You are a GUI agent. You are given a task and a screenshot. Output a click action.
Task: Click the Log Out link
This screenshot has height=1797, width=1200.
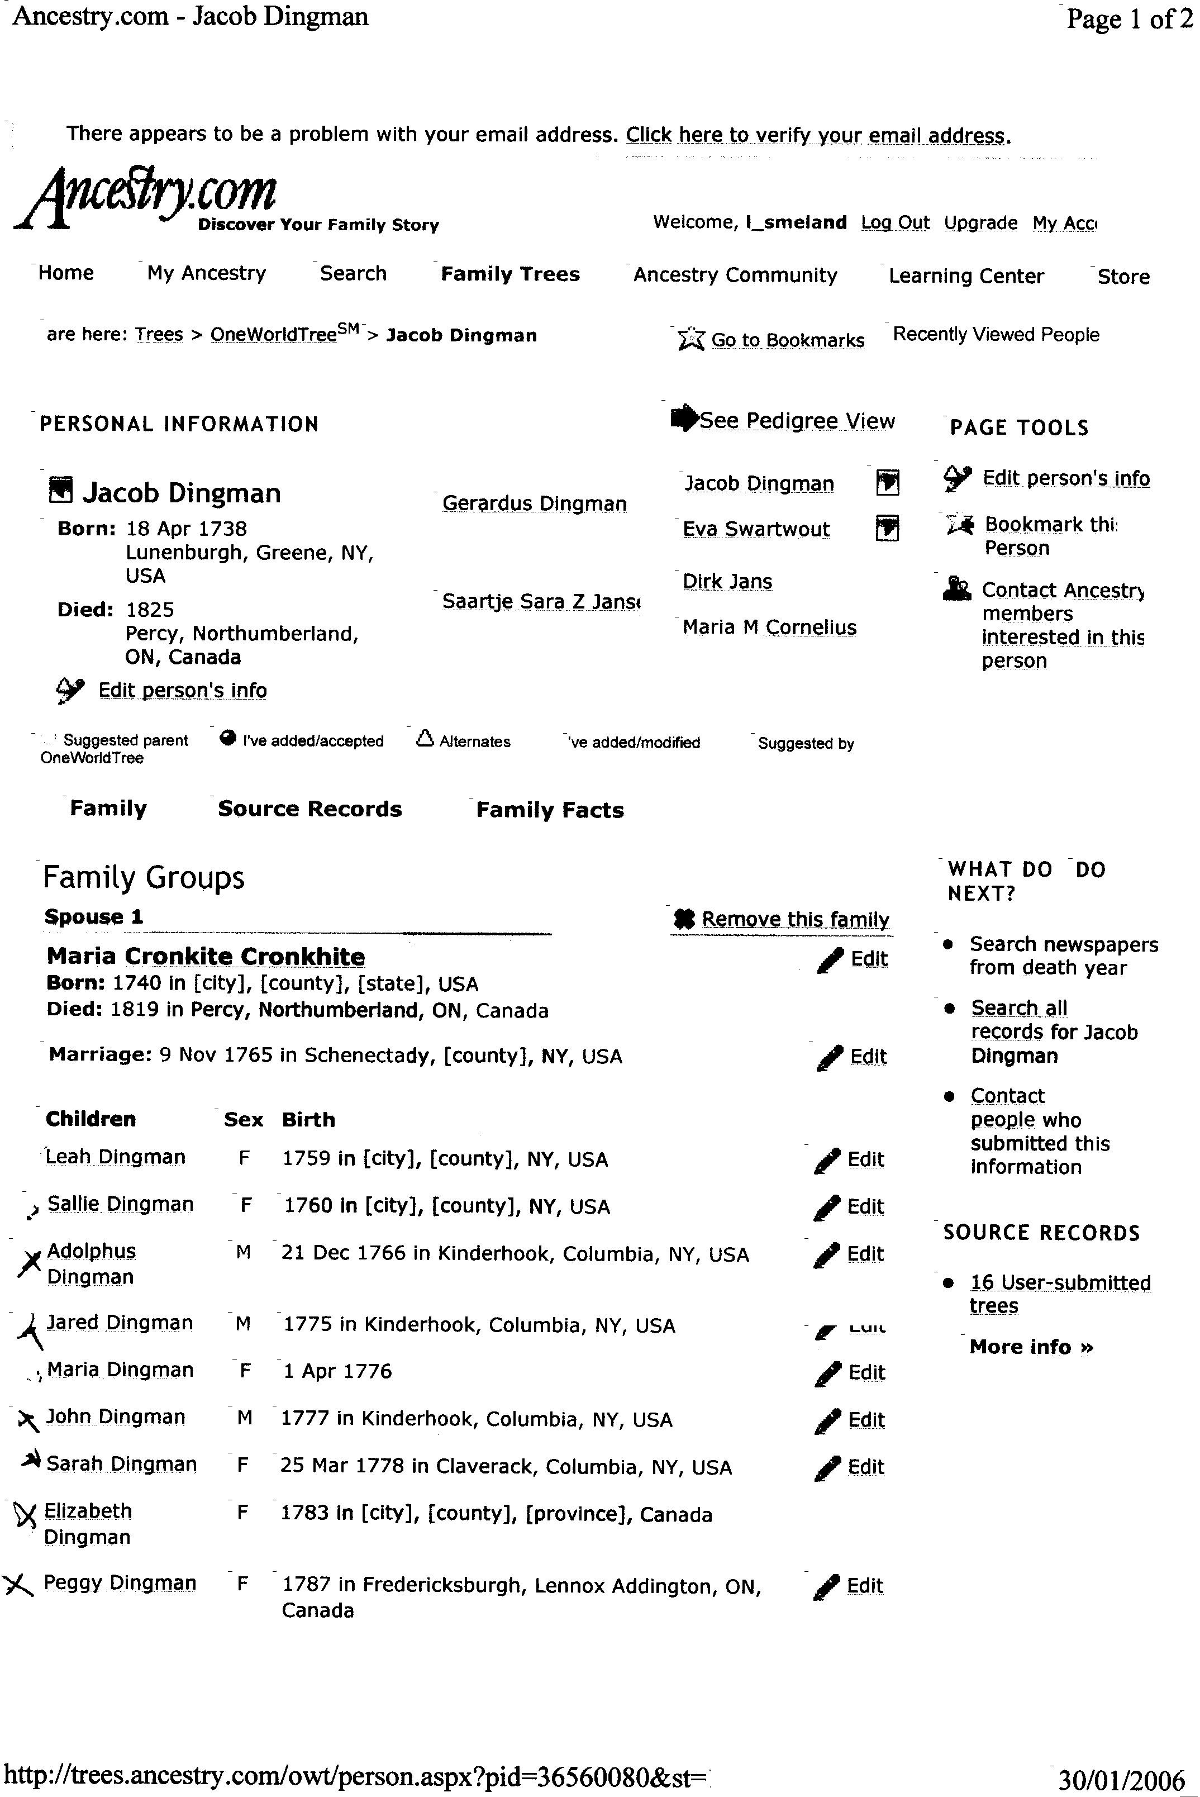coord(894,223)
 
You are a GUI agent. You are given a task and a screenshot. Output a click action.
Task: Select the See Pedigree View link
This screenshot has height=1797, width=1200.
coord(796,420)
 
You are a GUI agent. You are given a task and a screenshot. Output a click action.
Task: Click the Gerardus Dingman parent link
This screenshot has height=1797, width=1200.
coord(534,503)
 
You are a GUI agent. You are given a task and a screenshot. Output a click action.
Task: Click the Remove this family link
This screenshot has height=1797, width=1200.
coord(794,919)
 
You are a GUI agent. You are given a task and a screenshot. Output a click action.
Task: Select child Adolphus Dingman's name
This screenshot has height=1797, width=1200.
coord(91,1263)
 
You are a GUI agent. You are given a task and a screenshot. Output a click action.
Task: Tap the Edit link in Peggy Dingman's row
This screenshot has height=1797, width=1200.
coord(864,1585)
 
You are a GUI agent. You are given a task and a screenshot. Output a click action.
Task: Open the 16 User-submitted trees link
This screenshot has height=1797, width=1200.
coord(1059,1294)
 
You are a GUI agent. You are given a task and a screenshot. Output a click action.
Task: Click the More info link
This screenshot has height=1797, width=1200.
coord(1031,1347)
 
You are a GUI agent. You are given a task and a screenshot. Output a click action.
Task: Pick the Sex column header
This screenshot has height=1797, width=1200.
coord(244,1120)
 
